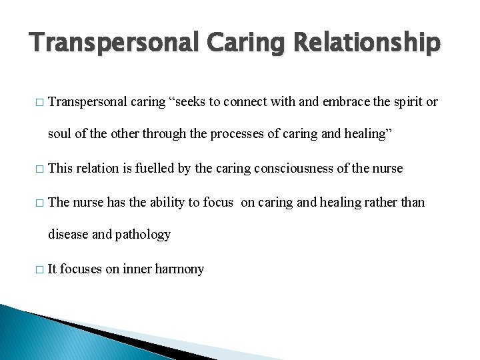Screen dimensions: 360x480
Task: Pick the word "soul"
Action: point(59,133)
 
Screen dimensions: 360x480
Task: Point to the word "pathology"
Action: point(143,234)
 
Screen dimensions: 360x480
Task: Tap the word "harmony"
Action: point(179,269)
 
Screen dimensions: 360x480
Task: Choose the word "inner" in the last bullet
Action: point(137,269)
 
